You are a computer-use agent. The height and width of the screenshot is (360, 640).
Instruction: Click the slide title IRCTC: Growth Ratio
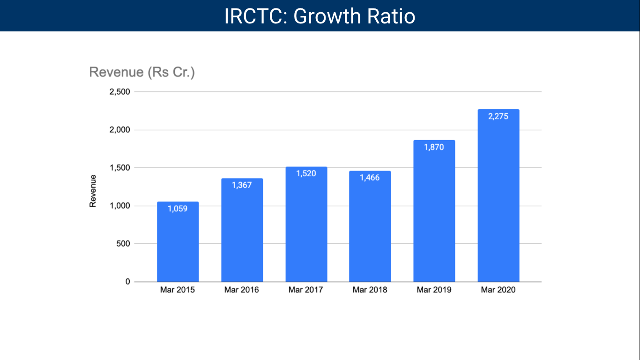[x=320, y=16]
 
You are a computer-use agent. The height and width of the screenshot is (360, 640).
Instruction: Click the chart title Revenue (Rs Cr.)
[x=142, y=72]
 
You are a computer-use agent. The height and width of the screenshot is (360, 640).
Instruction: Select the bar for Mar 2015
[x=178, y=244]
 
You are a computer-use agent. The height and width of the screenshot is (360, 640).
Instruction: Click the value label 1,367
[x=242, y=185]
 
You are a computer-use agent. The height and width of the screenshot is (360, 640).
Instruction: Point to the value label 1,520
[x=306, y=173]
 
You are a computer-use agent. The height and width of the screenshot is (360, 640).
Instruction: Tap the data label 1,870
[x=434, y=147]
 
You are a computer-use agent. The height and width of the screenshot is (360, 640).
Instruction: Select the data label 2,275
[x=498, y=116]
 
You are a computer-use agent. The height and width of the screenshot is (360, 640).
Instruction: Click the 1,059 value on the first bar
[x=178, y=209]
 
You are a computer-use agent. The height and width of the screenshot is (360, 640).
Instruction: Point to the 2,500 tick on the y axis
[x=119, y=92]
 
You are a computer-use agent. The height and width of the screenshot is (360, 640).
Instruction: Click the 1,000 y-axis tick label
[x=119, y=206]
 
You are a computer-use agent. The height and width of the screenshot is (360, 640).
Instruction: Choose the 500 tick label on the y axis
[x=124, y=244]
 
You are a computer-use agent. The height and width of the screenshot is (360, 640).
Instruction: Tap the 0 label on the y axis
[x=127, y=282]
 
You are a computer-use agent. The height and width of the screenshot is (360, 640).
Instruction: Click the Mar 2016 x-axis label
[x=241, y=290]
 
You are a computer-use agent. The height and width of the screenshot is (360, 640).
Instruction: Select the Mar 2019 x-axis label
[x=434, y=290]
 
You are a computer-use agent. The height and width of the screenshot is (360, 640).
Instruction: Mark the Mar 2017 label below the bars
[x=305, y=290]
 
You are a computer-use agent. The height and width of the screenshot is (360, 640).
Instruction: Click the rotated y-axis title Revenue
[x=93, y=191]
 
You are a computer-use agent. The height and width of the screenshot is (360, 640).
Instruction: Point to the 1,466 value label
[x=370, y=178]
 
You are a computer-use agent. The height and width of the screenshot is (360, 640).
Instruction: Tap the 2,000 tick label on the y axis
[x=119, y=130]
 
